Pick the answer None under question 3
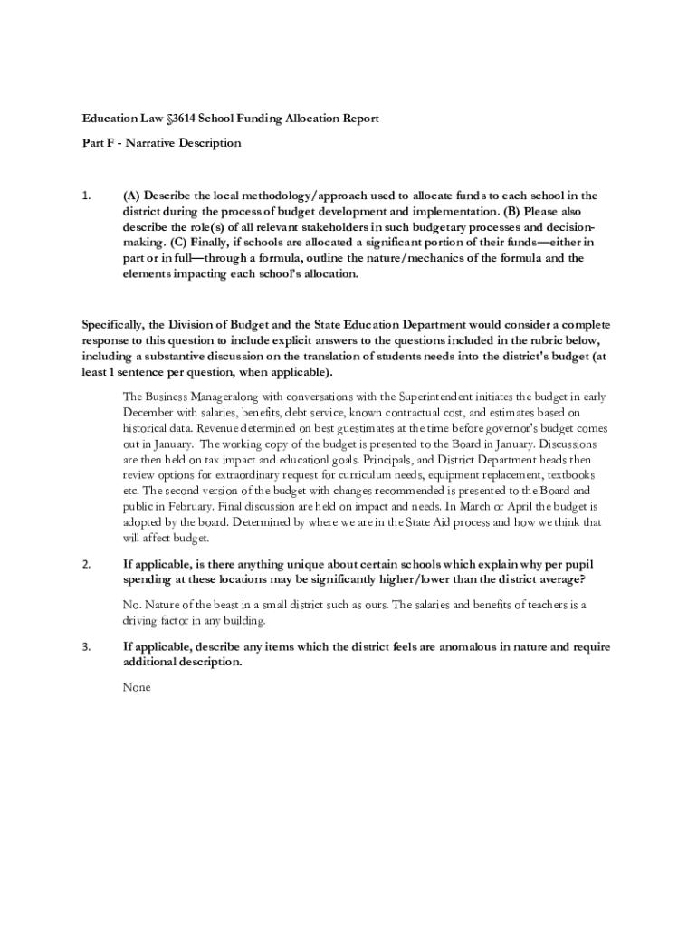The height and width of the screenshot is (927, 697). coord(136,687)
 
